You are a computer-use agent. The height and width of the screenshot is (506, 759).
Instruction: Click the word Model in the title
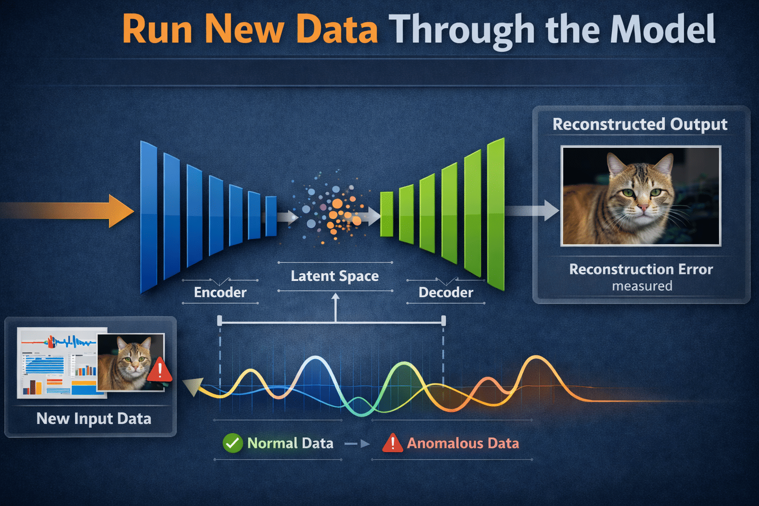point(663,30)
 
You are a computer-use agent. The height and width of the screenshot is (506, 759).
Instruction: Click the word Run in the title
point(157,30)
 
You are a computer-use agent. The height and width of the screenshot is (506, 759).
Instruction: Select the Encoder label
point(220,293)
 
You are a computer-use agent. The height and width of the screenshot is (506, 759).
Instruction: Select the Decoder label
point(446,293)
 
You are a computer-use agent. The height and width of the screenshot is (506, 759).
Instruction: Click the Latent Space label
point(335,276)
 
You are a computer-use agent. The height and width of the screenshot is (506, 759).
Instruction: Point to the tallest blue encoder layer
point(148,216)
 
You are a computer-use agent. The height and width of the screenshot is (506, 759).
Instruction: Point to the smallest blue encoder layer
point(271,216)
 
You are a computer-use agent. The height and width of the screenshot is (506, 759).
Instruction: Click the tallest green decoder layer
point(496,213)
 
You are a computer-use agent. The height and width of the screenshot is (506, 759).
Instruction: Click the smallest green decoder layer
point(386,214)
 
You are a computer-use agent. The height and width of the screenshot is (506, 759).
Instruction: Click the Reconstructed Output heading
point(640,124)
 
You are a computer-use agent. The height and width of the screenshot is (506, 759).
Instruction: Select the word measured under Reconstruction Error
point(642,286)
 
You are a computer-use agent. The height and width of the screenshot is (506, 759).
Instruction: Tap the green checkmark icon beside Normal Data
point(232,443)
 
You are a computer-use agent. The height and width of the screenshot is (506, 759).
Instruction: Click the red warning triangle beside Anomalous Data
point(392,443)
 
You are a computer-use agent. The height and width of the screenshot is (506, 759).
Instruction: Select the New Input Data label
point(94,419)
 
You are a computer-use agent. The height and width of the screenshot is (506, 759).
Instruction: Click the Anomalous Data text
point(463,443)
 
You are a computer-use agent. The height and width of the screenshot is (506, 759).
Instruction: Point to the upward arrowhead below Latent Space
point(336,297)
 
